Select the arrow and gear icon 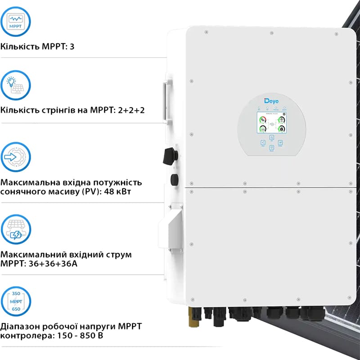[16, 157]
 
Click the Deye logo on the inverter [271, 101]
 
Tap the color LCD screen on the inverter [271, 123]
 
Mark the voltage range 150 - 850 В [74, 336]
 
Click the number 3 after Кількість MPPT [72, 46]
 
